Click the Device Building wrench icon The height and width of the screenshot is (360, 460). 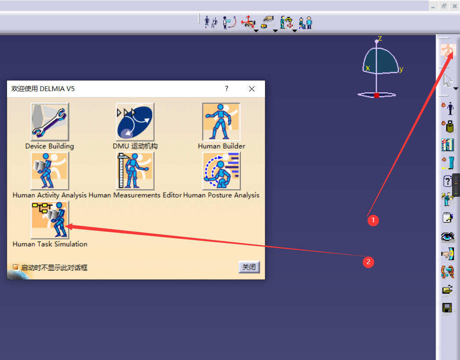[50, 122]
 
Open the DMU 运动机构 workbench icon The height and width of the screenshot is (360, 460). [135, 122]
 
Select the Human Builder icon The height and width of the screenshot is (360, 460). [221, 122]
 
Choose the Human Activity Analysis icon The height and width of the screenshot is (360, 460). [50, 171]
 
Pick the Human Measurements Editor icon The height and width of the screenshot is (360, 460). [135, 171]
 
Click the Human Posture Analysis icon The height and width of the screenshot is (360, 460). [221, 171]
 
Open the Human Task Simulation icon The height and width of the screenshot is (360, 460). [50, 220]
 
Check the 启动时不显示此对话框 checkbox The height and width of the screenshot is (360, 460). [15, 267]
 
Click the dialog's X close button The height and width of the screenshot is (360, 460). [252, 89]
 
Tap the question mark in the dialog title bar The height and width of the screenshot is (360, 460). [227, 88]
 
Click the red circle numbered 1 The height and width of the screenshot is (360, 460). [373, 220]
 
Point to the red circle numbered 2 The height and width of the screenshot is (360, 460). [368, 262]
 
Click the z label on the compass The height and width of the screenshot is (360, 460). [380, 38]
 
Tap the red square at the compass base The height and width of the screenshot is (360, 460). [377, 95]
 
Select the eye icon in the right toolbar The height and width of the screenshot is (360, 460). [448, 236]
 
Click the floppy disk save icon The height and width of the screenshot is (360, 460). [447, 308]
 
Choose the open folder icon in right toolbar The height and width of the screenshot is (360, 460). [447, 290]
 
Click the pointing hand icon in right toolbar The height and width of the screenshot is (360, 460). [448, 254]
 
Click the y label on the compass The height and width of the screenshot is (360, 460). [401, 69]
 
